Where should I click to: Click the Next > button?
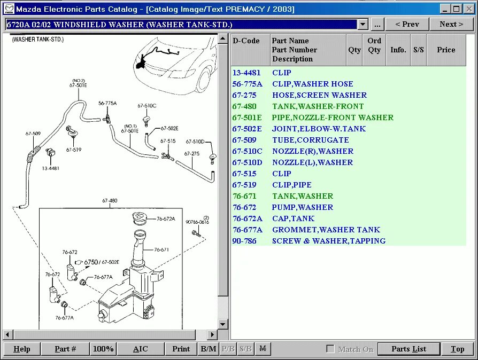(451, 24)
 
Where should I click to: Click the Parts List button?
(408, 349)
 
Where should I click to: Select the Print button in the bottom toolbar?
(181, 349)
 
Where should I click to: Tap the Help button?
(21, 349)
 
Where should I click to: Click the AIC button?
(140, 349)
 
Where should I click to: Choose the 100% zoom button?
(103, 349)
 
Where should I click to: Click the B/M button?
(208, 349)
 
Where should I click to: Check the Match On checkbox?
(330, 349)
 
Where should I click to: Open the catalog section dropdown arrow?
(363, 25)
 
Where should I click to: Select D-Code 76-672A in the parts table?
(247, 218)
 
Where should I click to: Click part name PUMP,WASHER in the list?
(302, 207)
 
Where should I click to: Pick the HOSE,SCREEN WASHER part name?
(319, 95)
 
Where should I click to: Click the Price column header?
(446, 50)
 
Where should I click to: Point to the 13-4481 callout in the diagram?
(50, 168)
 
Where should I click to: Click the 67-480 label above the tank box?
(110, 201)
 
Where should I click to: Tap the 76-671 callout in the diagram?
(161, 249)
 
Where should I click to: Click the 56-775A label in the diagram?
(107, 103)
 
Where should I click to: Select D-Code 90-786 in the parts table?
(244, 241)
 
